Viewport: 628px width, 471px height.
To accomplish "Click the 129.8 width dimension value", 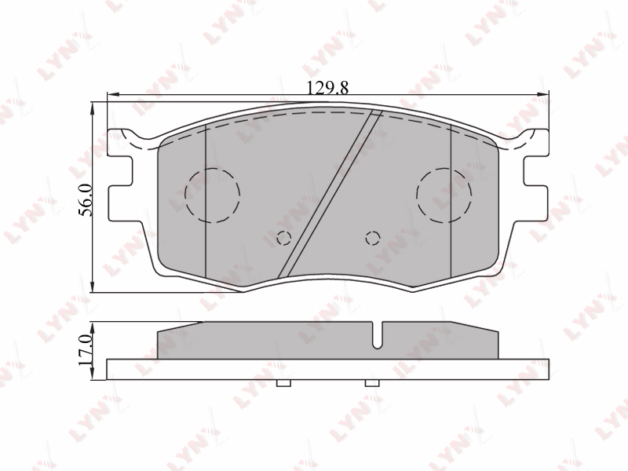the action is [x=327, y=88].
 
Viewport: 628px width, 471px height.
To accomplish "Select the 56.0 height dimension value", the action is [x=86, y=200].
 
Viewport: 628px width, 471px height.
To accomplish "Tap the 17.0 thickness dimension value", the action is [x=86, y=349].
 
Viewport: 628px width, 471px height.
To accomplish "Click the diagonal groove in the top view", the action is [x=330, y=193].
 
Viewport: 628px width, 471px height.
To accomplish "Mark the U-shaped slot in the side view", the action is [x=377, y=335].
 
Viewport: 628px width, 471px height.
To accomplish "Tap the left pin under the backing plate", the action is [x=284, y=383].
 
